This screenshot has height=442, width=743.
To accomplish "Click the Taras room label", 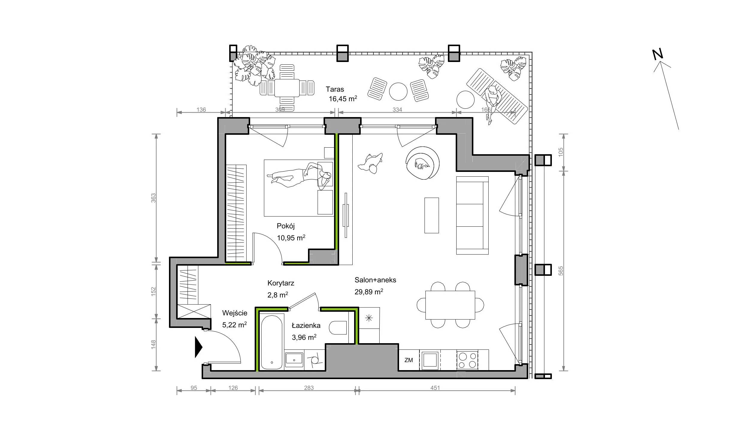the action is point(335,89).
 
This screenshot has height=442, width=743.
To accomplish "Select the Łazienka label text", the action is point(306,326).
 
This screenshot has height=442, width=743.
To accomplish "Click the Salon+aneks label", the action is point(375,280).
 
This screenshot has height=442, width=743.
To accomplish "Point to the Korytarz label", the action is point(281,283).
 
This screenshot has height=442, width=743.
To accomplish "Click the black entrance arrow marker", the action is point(199,347).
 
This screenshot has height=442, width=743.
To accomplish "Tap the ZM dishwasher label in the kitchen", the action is point(409,360).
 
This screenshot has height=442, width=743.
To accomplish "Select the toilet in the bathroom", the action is point(338,328).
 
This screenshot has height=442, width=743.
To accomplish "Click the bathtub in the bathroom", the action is point(271,342).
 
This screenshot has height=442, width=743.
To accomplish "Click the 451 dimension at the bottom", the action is point(435,388).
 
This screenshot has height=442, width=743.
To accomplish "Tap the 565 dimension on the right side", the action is point(561,271).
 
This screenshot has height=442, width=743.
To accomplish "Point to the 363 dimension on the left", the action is point(153,198).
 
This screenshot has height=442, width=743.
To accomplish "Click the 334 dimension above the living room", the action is point(397,110).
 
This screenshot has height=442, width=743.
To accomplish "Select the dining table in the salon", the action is point(450,305).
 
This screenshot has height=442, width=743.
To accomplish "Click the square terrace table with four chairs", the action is point(287,88).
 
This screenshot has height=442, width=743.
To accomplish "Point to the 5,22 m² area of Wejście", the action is point(235,325).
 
